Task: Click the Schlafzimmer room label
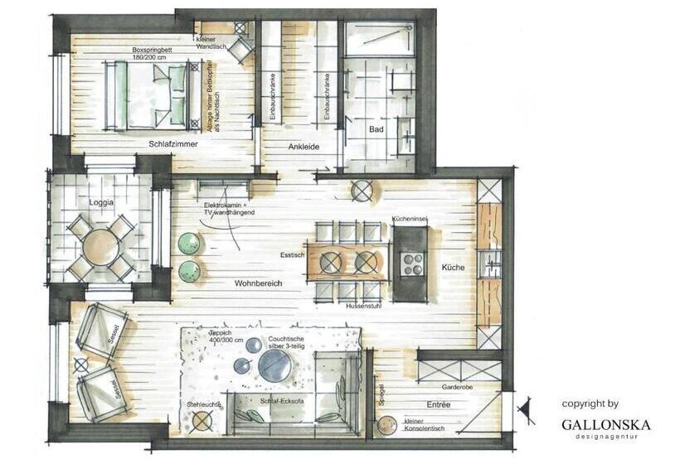pos(172,144)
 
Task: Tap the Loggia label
pos(100,202)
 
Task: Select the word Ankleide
pos(304,147)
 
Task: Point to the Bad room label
pos(376,130)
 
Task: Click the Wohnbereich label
pos(258,283)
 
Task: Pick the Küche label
pos(453,268)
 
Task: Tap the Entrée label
pos(439,404)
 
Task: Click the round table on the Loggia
pos(100,246)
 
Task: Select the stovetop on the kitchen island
pos(412,263)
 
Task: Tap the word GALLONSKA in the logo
pos(606,424)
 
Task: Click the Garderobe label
pos(458,386)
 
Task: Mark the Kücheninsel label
pos(409,220)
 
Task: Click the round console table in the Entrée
pos(386,427)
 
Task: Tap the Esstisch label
pos(293,255)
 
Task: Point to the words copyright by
pos(590,404)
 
